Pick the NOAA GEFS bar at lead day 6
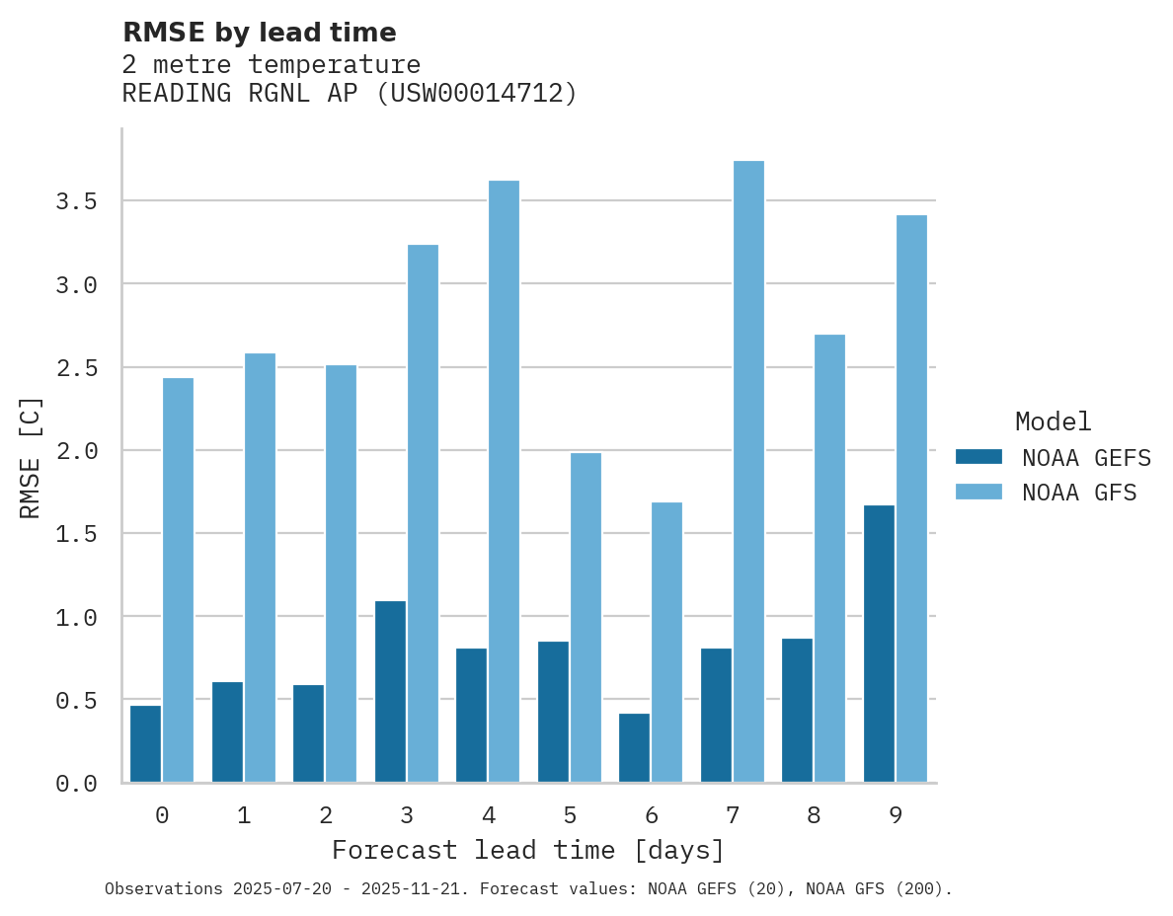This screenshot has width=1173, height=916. pyautogui.click(x=634, y=747)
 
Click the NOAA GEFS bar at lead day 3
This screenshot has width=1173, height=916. pyautogui.click(x=390, y=691)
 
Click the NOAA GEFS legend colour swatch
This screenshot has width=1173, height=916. pyautogui.click(x=978, y=457)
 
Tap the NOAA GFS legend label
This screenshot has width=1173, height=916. pyautogui.click(x=1079, y=493)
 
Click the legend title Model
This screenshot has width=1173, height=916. pyautogui.click(x=1053, y=421)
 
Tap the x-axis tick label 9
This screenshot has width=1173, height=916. pyautogui.click(x=896, y=815)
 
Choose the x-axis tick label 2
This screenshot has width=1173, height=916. pyautogui.click(x=325, y=815)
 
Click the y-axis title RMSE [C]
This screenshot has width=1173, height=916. pyautogui.click(x=32, y=457)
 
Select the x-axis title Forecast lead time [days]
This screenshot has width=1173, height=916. pyautogui.click(x=528, y=850)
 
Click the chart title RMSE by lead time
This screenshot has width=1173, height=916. pyautogui.click(x=259, y=33)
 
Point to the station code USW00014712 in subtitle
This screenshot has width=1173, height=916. pyautogui.click(x=477, y=94)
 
